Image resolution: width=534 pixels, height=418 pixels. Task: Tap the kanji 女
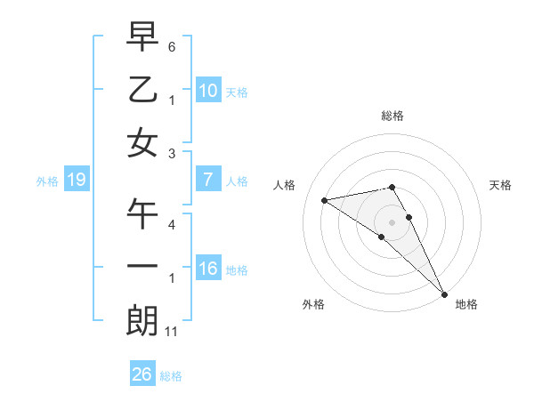point(142,143)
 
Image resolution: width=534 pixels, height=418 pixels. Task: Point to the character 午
point(142,213)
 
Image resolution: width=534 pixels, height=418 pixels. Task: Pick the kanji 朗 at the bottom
point(142,321)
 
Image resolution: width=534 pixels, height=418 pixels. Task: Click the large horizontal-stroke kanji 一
point(142,267)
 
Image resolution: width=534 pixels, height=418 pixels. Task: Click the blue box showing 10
point(207,90)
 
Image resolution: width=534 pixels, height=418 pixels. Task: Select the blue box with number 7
point(207,180)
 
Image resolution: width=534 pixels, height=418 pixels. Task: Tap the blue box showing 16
point(207,269)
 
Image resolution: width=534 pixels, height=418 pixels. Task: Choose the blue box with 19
point(77,180)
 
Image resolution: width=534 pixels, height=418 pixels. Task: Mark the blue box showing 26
point(142,374)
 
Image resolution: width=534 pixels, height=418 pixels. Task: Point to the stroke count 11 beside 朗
point(172,332)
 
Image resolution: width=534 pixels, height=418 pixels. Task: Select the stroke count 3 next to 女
point(172,154)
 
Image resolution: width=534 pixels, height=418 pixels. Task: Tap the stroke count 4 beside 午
point(172,224)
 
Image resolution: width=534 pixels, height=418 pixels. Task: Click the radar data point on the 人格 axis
point(325,200)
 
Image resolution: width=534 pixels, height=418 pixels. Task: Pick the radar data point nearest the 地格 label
point(444,293)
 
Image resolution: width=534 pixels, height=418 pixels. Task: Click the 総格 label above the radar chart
point(392,117)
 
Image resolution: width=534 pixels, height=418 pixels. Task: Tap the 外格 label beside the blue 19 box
point(47,181)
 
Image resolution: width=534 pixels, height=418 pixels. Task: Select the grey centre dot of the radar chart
point(392,221)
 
